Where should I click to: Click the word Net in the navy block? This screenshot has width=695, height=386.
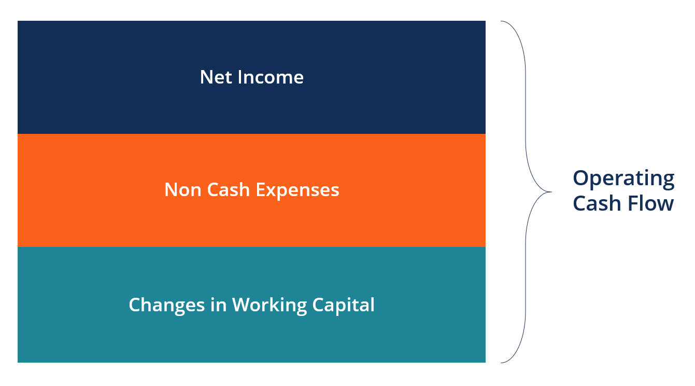(x=216, y=77)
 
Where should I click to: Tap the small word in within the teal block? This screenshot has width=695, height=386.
(x=218, y=305)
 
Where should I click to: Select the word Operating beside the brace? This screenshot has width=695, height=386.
(x=623, y=179)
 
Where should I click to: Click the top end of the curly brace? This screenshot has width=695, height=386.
(x=502, y=22)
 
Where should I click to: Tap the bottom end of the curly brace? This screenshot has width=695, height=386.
(x=502, y=362)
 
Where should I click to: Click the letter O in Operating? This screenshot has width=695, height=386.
(x=582, y=178)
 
